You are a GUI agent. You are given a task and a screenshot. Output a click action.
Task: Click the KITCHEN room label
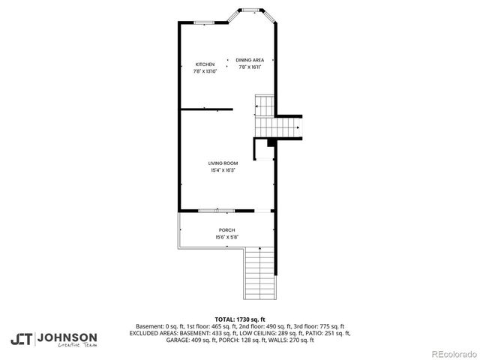click(205, 64)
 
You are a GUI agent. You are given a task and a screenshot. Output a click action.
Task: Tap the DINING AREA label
click(250, 60)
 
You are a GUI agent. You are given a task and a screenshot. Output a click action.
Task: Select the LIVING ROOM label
click(223, 163)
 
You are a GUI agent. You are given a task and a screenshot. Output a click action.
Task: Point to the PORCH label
click(226, 230)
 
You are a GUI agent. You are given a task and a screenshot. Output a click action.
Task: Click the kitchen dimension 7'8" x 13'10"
click(205, 71)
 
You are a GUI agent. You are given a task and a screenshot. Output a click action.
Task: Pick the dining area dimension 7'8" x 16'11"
click(250, 67)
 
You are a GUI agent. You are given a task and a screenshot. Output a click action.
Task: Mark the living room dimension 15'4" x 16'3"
click(223, 170)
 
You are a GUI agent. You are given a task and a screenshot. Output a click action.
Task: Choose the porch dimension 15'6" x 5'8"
click(226, 237)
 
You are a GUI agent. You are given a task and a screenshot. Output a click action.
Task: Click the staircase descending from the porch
click(260, 273)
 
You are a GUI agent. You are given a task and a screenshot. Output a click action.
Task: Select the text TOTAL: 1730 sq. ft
click(240, 319)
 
